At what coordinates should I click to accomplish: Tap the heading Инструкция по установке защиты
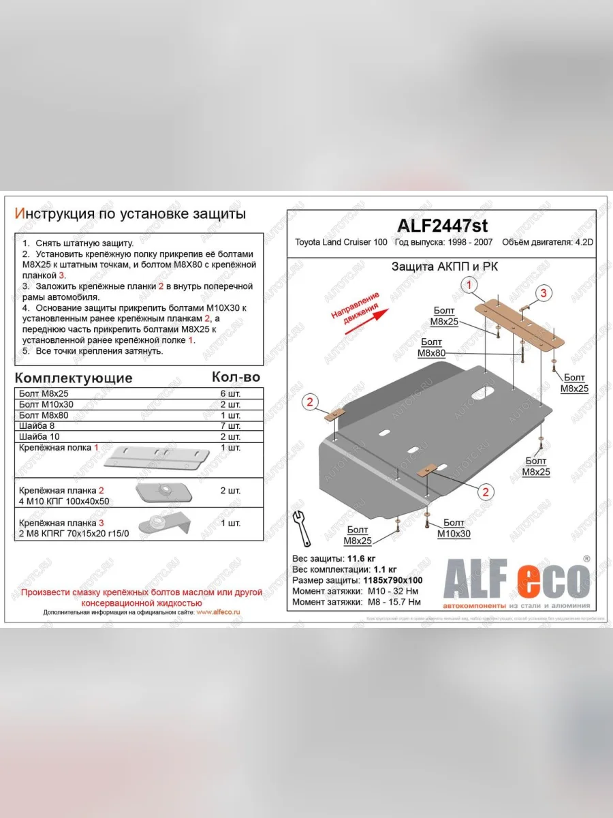(x=130, y=214)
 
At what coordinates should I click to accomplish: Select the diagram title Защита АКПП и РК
(x=444, y=267)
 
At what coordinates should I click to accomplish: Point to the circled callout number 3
(x=543, y=294)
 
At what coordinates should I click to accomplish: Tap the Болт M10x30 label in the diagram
(x=453, y=530)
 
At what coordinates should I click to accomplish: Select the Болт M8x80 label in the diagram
(x=432, y=348)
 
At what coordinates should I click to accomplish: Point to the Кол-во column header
(x=236, y=377)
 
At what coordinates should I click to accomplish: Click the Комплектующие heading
(x=74, y=378)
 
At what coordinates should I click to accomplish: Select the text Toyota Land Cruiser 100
(x=341, y=243)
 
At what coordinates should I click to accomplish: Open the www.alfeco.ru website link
(x=217, y=612)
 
